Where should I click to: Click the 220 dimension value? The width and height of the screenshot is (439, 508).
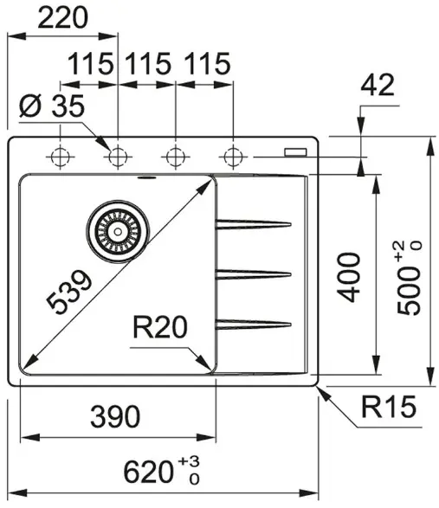pyautogui.click(x=63, y=18)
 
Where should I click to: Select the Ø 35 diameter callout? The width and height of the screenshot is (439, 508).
pyautogui.click(x=52, y=106)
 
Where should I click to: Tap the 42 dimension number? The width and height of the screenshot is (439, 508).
pyautogui.click(x=378, y=85)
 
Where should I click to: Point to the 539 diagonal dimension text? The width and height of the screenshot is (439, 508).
pyautogui.click(x=68, y=293)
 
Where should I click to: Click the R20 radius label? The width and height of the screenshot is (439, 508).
pyautogui.click(x=160, y=327)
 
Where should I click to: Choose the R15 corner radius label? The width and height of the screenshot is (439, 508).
pyautogui.click(x=389, y=407)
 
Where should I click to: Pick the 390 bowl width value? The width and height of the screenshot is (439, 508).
pyautogui.click(x=115, y=416)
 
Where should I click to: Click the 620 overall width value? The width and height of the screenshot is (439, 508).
pyautogui.click(x=148, y=472)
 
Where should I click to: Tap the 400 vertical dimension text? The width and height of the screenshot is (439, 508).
pyautogui.click(x=349, y=277)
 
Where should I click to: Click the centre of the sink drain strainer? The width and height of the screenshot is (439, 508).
pyautogui.click(x=118, y=231)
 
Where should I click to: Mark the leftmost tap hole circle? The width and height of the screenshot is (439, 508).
pyautogui.click(x=61, y=158)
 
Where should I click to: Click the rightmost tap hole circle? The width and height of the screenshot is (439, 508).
pyautogui.click(x=233, y=158)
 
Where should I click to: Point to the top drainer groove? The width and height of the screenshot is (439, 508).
pyautogui.click(x=254, y=224)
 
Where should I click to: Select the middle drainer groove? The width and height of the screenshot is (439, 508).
pyautogui.click(x=254, y=274)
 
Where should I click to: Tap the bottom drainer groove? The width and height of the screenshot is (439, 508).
pyautogui.click(x=254, y=325)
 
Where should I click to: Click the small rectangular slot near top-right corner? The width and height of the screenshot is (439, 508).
pyautogui.click(x=295, y=152)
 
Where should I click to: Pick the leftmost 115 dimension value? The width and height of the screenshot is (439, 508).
pyautogui.click(x=91, y=64)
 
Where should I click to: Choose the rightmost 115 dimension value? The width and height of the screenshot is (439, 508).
pyautogui.click(x=208, y=64)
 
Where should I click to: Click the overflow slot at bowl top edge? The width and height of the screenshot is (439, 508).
pyautogui.click(x=147, y=177)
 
